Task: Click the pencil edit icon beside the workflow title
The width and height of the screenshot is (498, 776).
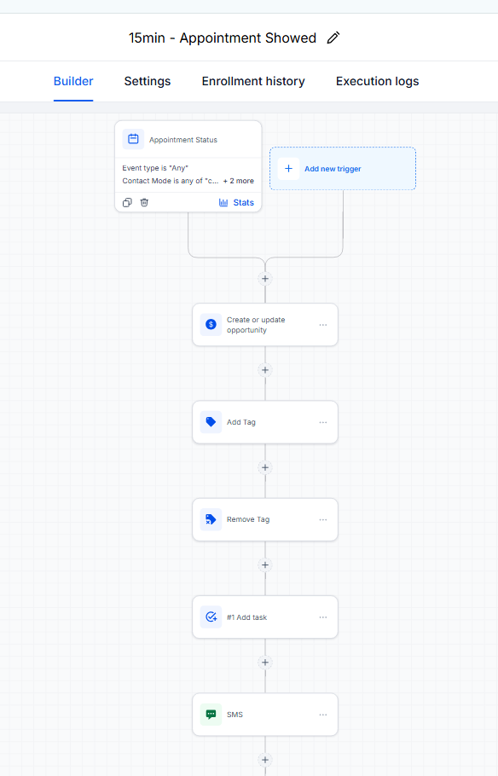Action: coord(333,38)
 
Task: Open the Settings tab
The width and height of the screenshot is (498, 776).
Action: coord(147,81)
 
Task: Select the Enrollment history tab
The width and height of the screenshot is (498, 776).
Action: coord(253,81)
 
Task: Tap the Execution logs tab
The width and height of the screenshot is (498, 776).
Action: coord(377,81)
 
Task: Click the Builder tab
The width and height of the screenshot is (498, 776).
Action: coord(73,81)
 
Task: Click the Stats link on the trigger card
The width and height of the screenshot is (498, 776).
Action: coord(236,202)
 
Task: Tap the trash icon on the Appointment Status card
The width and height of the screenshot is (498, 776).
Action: coord(144,202)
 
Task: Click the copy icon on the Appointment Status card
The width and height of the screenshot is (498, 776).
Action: coord(127,202)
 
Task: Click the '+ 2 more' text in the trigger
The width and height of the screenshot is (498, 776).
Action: coord(239,181)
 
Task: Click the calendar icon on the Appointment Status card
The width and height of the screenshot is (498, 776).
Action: coord(133,139)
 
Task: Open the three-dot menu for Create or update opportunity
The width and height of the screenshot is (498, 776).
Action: coord(322,325)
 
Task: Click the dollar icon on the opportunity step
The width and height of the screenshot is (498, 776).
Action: coord(211,325)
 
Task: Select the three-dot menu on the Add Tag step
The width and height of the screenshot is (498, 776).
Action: coord(322,422)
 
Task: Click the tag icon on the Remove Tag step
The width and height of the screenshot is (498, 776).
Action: coord(211,519)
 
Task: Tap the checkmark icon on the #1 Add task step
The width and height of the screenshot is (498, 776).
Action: coord(211,617)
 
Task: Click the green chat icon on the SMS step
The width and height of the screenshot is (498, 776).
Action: coord(211,714)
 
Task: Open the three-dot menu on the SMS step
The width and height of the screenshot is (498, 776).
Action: coord(322,715)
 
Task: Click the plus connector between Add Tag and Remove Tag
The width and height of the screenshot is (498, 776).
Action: coord(265,467)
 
